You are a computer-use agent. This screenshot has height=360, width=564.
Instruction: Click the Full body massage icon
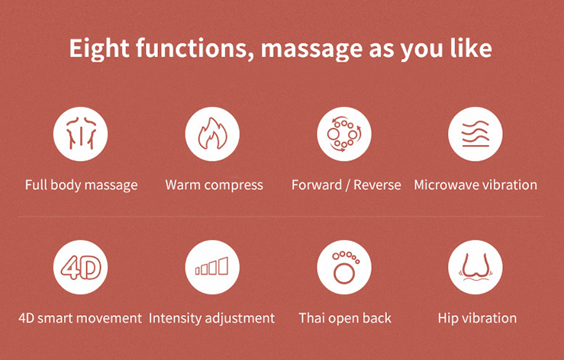81,133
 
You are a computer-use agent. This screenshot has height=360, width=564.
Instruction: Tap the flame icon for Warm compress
212,133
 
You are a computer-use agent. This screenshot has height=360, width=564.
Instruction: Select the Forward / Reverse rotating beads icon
344,133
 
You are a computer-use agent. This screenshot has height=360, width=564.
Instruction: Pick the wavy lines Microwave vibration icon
475,133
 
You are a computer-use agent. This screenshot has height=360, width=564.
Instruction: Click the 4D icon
81,267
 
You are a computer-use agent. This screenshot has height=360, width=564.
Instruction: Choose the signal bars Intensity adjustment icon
212,267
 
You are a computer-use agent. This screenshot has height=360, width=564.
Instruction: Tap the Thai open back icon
344,267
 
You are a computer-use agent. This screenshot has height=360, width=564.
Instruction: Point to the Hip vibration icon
475,267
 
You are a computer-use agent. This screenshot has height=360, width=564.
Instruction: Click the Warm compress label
214,185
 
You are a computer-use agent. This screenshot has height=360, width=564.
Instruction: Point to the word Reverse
377,185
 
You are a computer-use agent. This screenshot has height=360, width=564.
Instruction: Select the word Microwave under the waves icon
446,185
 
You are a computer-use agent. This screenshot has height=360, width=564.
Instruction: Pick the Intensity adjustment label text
211,319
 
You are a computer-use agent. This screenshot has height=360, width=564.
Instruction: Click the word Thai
312,318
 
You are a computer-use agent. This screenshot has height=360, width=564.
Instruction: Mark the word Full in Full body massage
36,185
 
